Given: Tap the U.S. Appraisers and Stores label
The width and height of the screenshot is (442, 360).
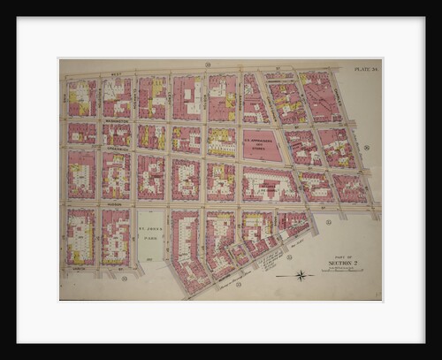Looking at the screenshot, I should click(262, 142).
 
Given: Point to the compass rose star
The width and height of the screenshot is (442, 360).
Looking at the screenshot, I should click(301, 275).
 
